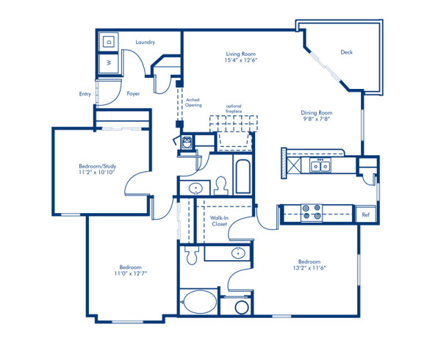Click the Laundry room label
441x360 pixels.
(x=145, y=43)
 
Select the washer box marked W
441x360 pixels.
(x=110, y=64)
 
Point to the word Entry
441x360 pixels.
(x=85, y=94)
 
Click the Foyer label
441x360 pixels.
(x=133, y=94)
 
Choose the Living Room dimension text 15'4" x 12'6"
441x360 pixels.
(x=240, y=60)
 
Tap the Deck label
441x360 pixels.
(x=347, y=52)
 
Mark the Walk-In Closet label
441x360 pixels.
(x=219, y=221)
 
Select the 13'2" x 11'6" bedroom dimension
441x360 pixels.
(x=309, y=268)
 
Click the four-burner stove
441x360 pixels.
(x=313, y=212)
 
